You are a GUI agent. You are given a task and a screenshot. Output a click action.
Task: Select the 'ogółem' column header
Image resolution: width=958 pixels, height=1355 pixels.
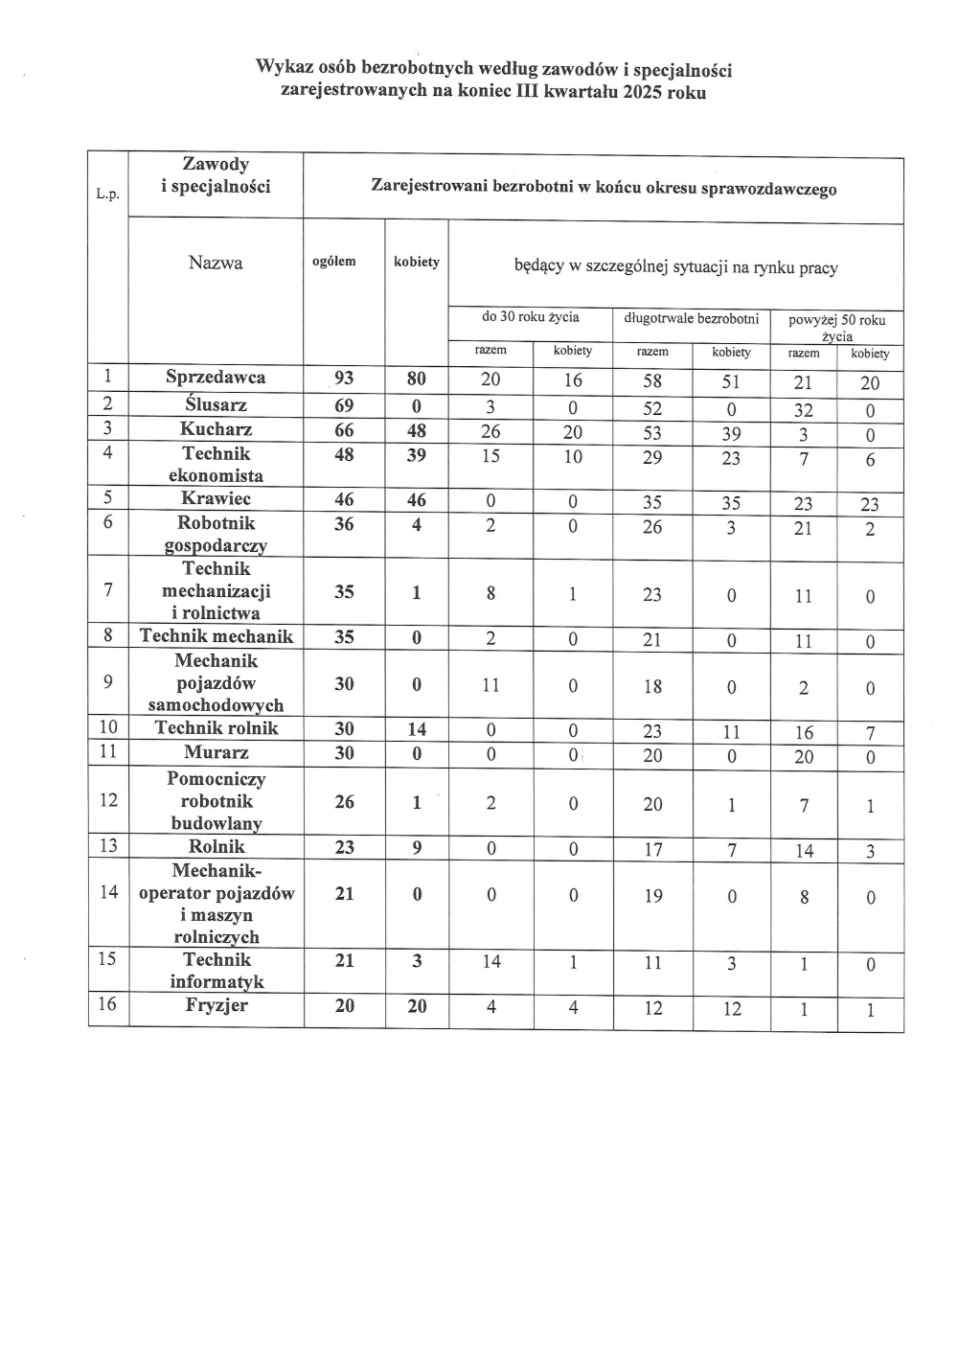[x=334, y=262]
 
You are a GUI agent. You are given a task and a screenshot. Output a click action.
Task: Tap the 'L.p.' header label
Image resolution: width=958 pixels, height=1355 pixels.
[x=108, y=194]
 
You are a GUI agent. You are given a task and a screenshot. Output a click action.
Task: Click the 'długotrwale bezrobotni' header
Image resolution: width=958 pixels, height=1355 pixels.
[x=691, y=318]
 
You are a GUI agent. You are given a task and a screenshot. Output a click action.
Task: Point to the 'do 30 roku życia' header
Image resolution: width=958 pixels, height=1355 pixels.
[x=530, y=317]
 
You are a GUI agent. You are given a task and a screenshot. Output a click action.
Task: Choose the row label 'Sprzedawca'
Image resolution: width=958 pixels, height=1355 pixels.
[x=216, y=377]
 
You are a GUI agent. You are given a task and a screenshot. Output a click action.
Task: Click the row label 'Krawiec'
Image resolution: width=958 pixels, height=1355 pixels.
[x=216, y=498]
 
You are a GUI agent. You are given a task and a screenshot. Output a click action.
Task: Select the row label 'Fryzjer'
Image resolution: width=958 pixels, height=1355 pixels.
[x=217, y=1005]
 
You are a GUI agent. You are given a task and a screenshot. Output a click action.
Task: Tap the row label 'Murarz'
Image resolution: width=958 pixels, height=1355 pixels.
[x=217, y=753]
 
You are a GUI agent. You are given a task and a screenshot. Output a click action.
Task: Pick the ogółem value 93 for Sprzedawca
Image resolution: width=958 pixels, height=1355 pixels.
[x=344, y=378]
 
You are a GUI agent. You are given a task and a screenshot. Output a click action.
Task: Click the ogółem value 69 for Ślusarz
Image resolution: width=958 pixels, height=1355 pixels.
[x=344, y=405]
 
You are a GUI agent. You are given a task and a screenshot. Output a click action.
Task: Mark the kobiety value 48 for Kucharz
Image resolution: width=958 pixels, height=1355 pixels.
[x=416, y=430]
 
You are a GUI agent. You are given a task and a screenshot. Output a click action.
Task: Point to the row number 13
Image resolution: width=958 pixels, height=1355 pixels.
[x=108, y=845]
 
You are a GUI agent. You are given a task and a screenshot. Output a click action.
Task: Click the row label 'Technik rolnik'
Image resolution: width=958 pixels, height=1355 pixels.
[x=217, y=728]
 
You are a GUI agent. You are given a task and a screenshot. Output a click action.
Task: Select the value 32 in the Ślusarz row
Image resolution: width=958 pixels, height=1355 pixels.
[x=803, y=410]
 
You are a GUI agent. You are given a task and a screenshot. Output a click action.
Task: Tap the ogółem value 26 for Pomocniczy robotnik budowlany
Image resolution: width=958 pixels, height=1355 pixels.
[x=344, y=801]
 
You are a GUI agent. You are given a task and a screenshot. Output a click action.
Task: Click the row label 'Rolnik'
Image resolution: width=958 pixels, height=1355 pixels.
[x=217, y=846]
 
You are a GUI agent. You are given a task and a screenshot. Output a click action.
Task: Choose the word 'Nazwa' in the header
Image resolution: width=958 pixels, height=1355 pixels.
[x=216, y=263]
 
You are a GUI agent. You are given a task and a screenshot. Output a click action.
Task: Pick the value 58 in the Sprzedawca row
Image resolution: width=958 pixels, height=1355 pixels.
[x=651, y=381]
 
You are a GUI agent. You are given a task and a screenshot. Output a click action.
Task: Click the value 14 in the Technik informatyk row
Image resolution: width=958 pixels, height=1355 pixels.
[x=491, y=961]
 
